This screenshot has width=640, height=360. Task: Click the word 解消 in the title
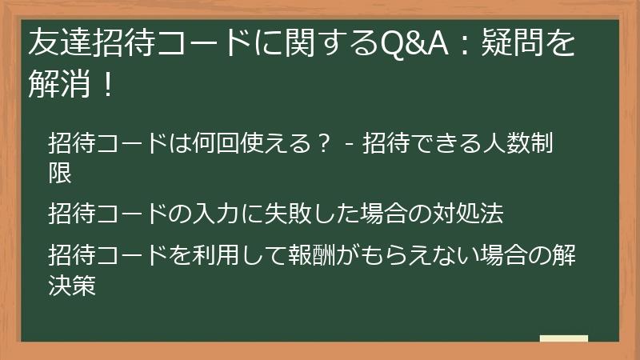55,84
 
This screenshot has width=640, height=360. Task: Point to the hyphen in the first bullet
350,146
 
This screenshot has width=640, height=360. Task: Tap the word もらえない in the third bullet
444,258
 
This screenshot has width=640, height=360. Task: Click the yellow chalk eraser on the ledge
563,338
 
